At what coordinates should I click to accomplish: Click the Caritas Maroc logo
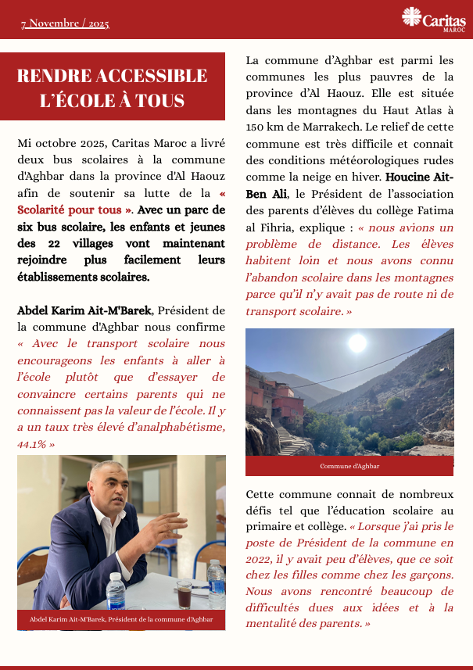[432, 19]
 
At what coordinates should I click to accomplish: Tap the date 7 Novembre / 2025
[65, 23]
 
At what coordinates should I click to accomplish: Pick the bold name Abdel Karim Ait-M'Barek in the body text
[84, 310]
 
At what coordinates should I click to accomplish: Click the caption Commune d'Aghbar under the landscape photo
[349, 466]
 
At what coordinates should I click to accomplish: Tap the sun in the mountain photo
[357, 342]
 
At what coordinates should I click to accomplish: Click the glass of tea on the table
[184, 593]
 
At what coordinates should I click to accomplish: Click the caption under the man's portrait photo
[121, 619]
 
